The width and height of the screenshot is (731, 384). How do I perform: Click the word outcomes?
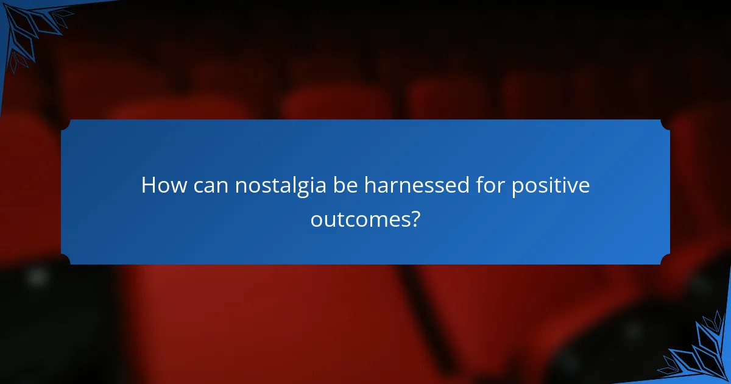(x=359, y=219)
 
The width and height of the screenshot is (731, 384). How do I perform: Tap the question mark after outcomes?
(x=415, y=218)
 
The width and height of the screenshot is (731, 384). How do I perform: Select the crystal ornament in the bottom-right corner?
(x=701, y=354)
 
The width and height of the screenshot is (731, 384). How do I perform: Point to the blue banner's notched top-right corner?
(x=665, y=124)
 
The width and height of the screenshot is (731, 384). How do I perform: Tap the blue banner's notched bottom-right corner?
(x=665, y=260)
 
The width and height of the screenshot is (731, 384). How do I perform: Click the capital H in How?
(x=148, y=186)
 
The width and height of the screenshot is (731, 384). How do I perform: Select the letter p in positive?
(x=517, y=189)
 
